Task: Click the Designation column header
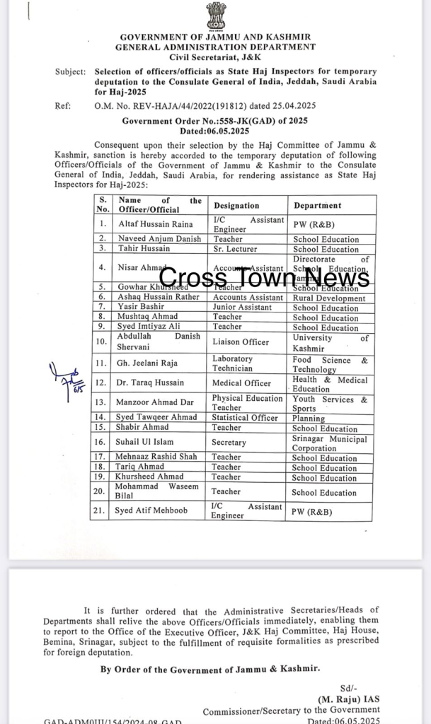pyautogui.click(x=236, y=205)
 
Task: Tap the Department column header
pyautogui.click(x=317, y=205)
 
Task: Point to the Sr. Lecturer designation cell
pyautogui.click(x=236, y=249)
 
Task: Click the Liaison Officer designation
pyautogui.click(x=241, y=342)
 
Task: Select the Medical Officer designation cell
pyautogui.click(x=242, y=383)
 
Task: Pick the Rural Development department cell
pyautogui.click(x=329, y=298)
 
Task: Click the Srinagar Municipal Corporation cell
pyautogui.click(x=330, y=443)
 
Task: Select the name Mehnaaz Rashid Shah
pyautogui.click(x=158, y=457)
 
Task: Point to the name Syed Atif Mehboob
pyautogui.click(x=153, y=511)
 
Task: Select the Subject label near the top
pyautogui.click(x=69, y=71)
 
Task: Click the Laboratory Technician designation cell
pyautogui.click(x=232, y=363)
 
